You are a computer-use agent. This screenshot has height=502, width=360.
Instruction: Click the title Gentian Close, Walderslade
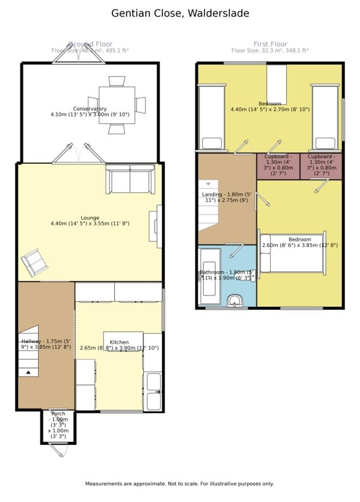(x=180, y=13)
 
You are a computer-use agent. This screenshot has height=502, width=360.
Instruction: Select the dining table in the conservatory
(x=117, y=104)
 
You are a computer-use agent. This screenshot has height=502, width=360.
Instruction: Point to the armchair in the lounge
(x=35, y=262)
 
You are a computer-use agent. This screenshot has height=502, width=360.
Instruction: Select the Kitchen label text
(x=119, y=342)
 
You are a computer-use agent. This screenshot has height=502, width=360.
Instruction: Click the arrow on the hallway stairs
(x=28, y=373)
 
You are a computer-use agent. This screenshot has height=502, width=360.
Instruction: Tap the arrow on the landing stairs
(x=209, y=184)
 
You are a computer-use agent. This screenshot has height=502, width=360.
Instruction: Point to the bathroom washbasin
(x=237, y=301)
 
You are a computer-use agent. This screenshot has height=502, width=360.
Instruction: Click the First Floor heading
(x=270, y=44)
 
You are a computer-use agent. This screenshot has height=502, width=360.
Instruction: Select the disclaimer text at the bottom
(x=179, y=484)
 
